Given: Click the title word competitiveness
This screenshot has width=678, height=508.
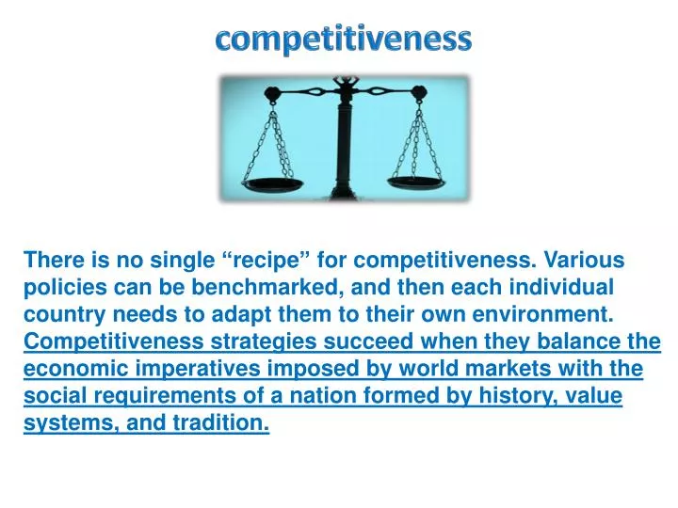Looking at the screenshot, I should [343, 39].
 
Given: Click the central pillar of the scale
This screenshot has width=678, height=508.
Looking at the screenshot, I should [345, 141].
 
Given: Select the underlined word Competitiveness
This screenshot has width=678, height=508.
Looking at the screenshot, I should [113, 341].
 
